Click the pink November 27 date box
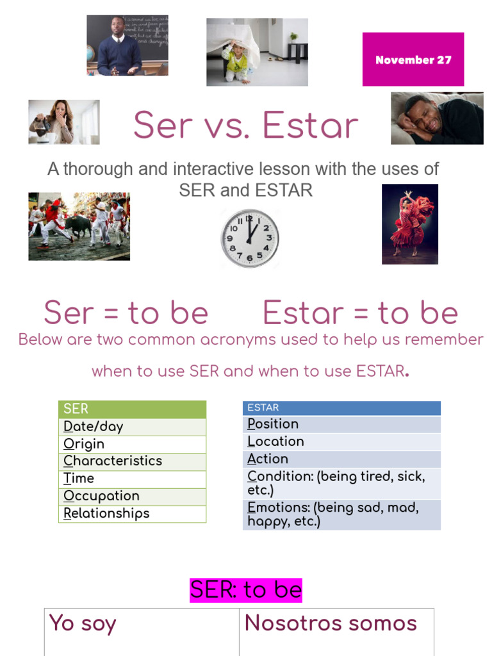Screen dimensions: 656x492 (x=413, y=60)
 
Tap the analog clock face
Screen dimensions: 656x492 (x=250, y=238)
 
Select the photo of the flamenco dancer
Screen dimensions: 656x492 (x=410, y=224)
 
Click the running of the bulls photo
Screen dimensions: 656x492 (x=79, y=226)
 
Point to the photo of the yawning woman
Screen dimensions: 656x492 (x=64, y=122)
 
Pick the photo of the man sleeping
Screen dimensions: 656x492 (x=437, y=119)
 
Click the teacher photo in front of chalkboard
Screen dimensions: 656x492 (x=127, y=45)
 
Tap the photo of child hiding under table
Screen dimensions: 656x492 (x=257, y=52)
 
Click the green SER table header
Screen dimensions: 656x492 (x=132, y=409)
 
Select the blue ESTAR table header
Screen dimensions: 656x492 (x=341, y=408)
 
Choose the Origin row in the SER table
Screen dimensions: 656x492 (x=132, y=444)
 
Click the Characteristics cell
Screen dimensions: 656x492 (x=132, y=461)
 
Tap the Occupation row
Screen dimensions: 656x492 (x=132, y=496)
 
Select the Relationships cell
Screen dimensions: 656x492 (x=132, y=514)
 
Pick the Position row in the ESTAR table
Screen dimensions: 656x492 (x=341, y=424)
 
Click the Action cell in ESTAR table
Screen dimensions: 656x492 (x=341, y=459)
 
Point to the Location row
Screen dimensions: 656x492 (x=341, y=441)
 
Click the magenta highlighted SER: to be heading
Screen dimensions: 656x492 (x=246, y=590)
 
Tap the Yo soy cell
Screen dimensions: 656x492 (x=142, y=632)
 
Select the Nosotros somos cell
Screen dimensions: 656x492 (x=336, y=632)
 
